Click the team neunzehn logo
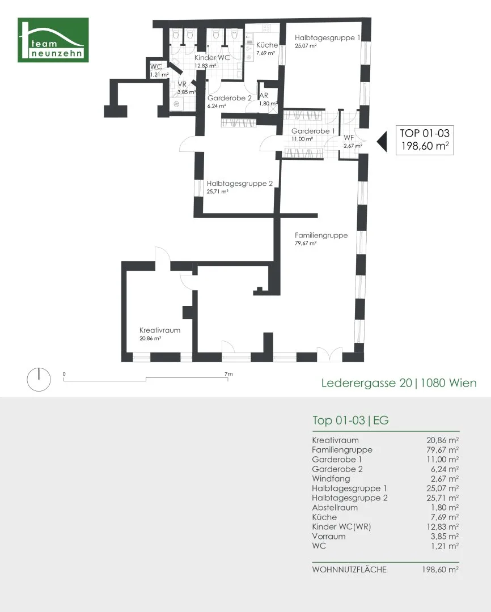click(53, 40)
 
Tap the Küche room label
click(267, 45)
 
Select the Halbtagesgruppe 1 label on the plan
click(327, 38)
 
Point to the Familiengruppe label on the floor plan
click(321, 235)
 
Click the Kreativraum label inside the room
click(160, 330)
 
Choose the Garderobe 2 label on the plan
click(229, 98)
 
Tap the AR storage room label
click(264, 96)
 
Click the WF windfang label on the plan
click(349, 138)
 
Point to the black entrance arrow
click(382, 141)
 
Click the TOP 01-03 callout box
click(425, 140)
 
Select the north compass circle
click(39, 379)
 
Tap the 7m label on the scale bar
click(228, 374)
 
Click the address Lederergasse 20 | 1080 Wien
click(399, 383)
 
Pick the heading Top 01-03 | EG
click(350, 420)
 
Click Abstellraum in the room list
click(335, 507)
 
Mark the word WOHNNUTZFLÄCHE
click(349, 569)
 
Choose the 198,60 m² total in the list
click(440, 569)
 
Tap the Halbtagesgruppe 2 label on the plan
click(239, 184)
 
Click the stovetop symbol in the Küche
click(266, 28)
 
